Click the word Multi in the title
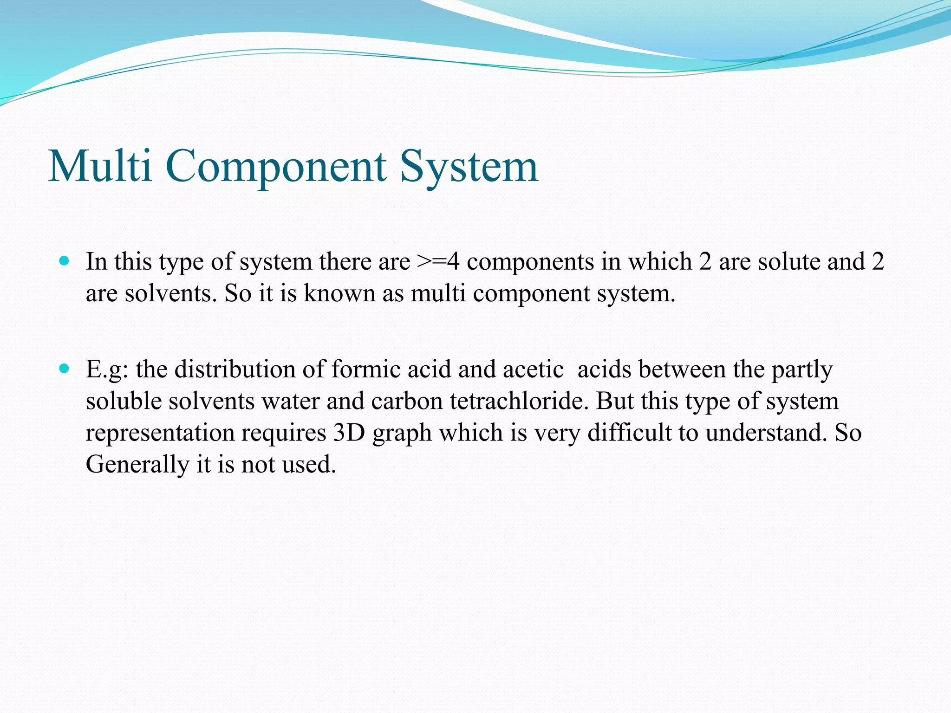pyautogui.click(x=100, y=166)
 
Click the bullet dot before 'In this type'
pyautogui.click(x=65, y=261)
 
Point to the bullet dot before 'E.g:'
pyautogui.click(x=65, y=369)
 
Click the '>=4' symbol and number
pyautogui.click(x=438, y=261)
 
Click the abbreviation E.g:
pyautogui.click(x=107, y=370)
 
